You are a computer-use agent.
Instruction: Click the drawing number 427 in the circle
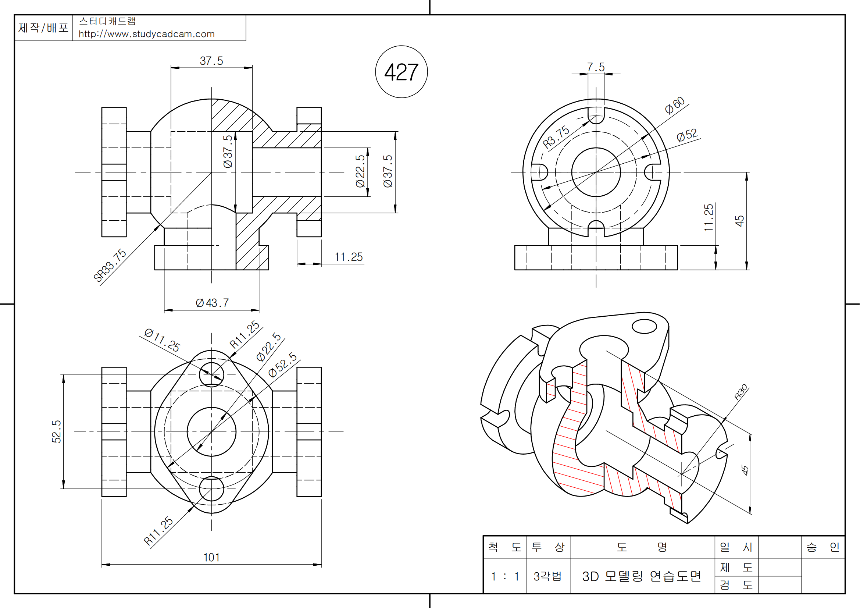click(401, 72)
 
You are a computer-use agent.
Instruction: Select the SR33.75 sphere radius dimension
click(109, 265)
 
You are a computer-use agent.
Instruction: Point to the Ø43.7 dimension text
click(212, 303)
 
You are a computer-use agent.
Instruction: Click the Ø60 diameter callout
click(675, 105)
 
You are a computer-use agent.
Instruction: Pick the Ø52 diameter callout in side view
click(687, 135)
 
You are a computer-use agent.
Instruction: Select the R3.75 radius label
click(556, 137)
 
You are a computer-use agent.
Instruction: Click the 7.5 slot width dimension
click(596, 67)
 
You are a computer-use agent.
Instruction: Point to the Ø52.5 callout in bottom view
click(282, 365)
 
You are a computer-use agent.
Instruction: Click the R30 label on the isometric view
click(741, 392)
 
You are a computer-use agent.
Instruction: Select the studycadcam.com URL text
click(146, 34)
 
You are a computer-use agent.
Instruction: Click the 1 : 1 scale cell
click(505, 576)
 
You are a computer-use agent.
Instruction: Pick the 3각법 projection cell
click(547, 576)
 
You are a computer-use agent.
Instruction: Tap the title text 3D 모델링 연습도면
click(642, 576)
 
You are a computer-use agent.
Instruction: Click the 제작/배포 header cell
click(43, 28)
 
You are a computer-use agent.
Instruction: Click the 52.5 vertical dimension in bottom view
click(56, 431)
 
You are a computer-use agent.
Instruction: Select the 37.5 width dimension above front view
click(211, 61)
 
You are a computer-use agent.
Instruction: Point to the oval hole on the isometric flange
click(644, 326)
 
